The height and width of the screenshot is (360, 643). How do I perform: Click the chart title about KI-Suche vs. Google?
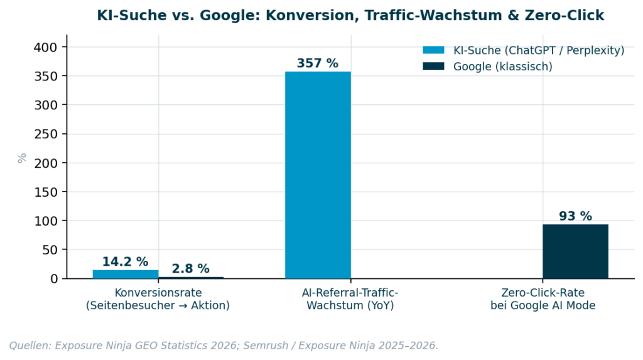pyautogui.click(x=350, y=16)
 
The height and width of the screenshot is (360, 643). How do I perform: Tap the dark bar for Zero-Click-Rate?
pyautogui.click(x=575, y=251)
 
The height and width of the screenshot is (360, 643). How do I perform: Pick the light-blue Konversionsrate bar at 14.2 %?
pyautogui.click(x=126, y=274)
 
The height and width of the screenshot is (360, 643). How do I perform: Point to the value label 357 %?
pyautogui.click(x=318, y=63)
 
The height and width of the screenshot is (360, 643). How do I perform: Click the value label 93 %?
pyautogui.click(x=575, y=216)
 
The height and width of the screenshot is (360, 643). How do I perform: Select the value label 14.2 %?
pyautogui.click(x=126, y=262)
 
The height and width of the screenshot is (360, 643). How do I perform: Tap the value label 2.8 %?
pyautogui.click(x=190, y=269)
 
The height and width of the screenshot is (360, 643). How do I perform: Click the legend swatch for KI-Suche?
pyautogui.click(x=433, y=50)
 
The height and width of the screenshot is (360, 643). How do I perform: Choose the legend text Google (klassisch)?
pyautogui.click(x=503, y=67)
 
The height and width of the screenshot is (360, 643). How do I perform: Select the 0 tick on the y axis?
pyautogui.click(x=55, y=279)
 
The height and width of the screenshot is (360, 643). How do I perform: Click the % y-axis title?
pyautogui.click(x=22, y=158)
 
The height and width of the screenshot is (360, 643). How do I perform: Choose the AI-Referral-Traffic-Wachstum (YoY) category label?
pyautogui.click(x=350, y=299)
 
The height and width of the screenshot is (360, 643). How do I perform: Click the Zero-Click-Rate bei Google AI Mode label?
pyautogui.click(x=543, y=299)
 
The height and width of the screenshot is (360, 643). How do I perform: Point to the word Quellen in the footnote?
pyautogui.click(x=30, y=346)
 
